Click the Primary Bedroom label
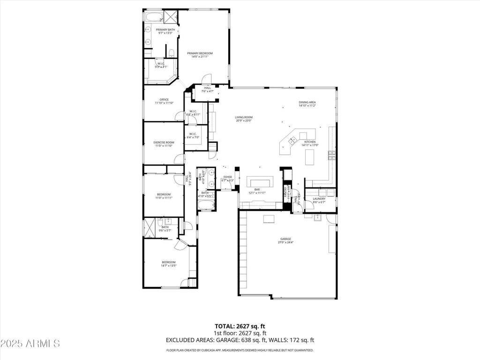pos(200,55)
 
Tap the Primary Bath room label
pos(165,31)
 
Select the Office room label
pos(164,101)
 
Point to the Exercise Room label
pos(164,144)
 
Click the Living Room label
pos(244,119)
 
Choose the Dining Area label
pos(307,104)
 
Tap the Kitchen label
pos(310,143)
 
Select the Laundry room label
pos(319,200)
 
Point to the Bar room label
pos(257,191)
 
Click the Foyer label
pos(227,179)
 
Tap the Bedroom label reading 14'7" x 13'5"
pos(169,263)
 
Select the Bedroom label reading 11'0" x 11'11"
pos(164,196)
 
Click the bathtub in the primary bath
pos(153,18)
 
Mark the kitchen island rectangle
pos(310,159)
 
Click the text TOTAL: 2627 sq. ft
pos(240,326)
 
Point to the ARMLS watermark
pos(30,344)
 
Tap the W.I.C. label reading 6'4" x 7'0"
pos(193,135)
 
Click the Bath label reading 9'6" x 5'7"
pos(165,229)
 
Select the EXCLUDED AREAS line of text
pos(240,340)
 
